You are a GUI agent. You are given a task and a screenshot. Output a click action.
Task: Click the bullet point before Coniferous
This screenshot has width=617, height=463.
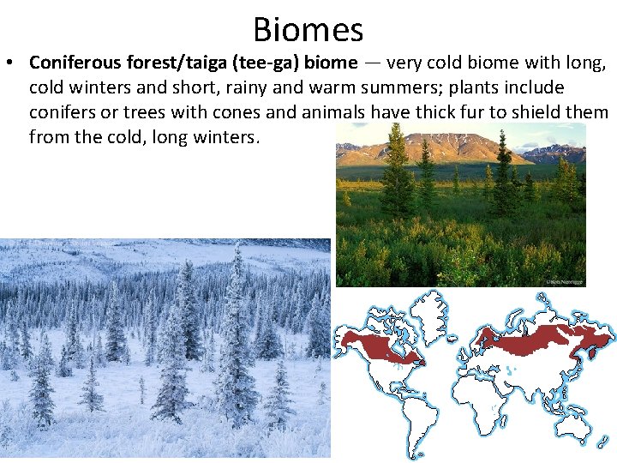click(x=14, y=63)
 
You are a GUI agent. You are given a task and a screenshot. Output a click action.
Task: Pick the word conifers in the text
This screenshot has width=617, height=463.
click(x=65, y=113)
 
